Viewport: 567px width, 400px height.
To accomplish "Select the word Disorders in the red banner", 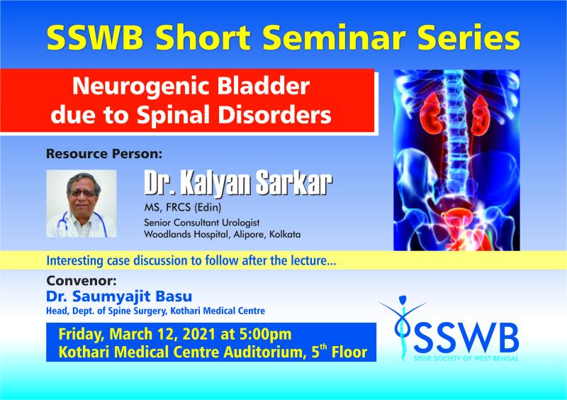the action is [x=274, y=115].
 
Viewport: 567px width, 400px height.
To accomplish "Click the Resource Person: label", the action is [x=104, y=154].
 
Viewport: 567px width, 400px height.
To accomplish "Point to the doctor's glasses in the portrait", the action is [x=83, y=194].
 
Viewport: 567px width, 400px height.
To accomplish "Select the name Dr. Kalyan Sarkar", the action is [x=238, y=183].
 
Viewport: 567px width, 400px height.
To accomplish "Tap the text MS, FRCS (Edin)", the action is [x=183, y=207].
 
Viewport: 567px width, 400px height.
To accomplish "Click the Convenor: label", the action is [x=82, y=281].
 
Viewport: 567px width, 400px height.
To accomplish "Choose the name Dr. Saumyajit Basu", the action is [x=119, y=296].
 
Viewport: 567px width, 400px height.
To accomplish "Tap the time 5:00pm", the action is [x=265, y=334].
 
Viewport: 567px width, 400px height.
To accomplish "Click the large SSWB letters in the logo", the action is [x=466, y=339].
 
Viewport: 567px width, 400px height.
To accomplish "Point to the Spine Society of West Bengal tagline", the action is [x=466, y=358].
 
